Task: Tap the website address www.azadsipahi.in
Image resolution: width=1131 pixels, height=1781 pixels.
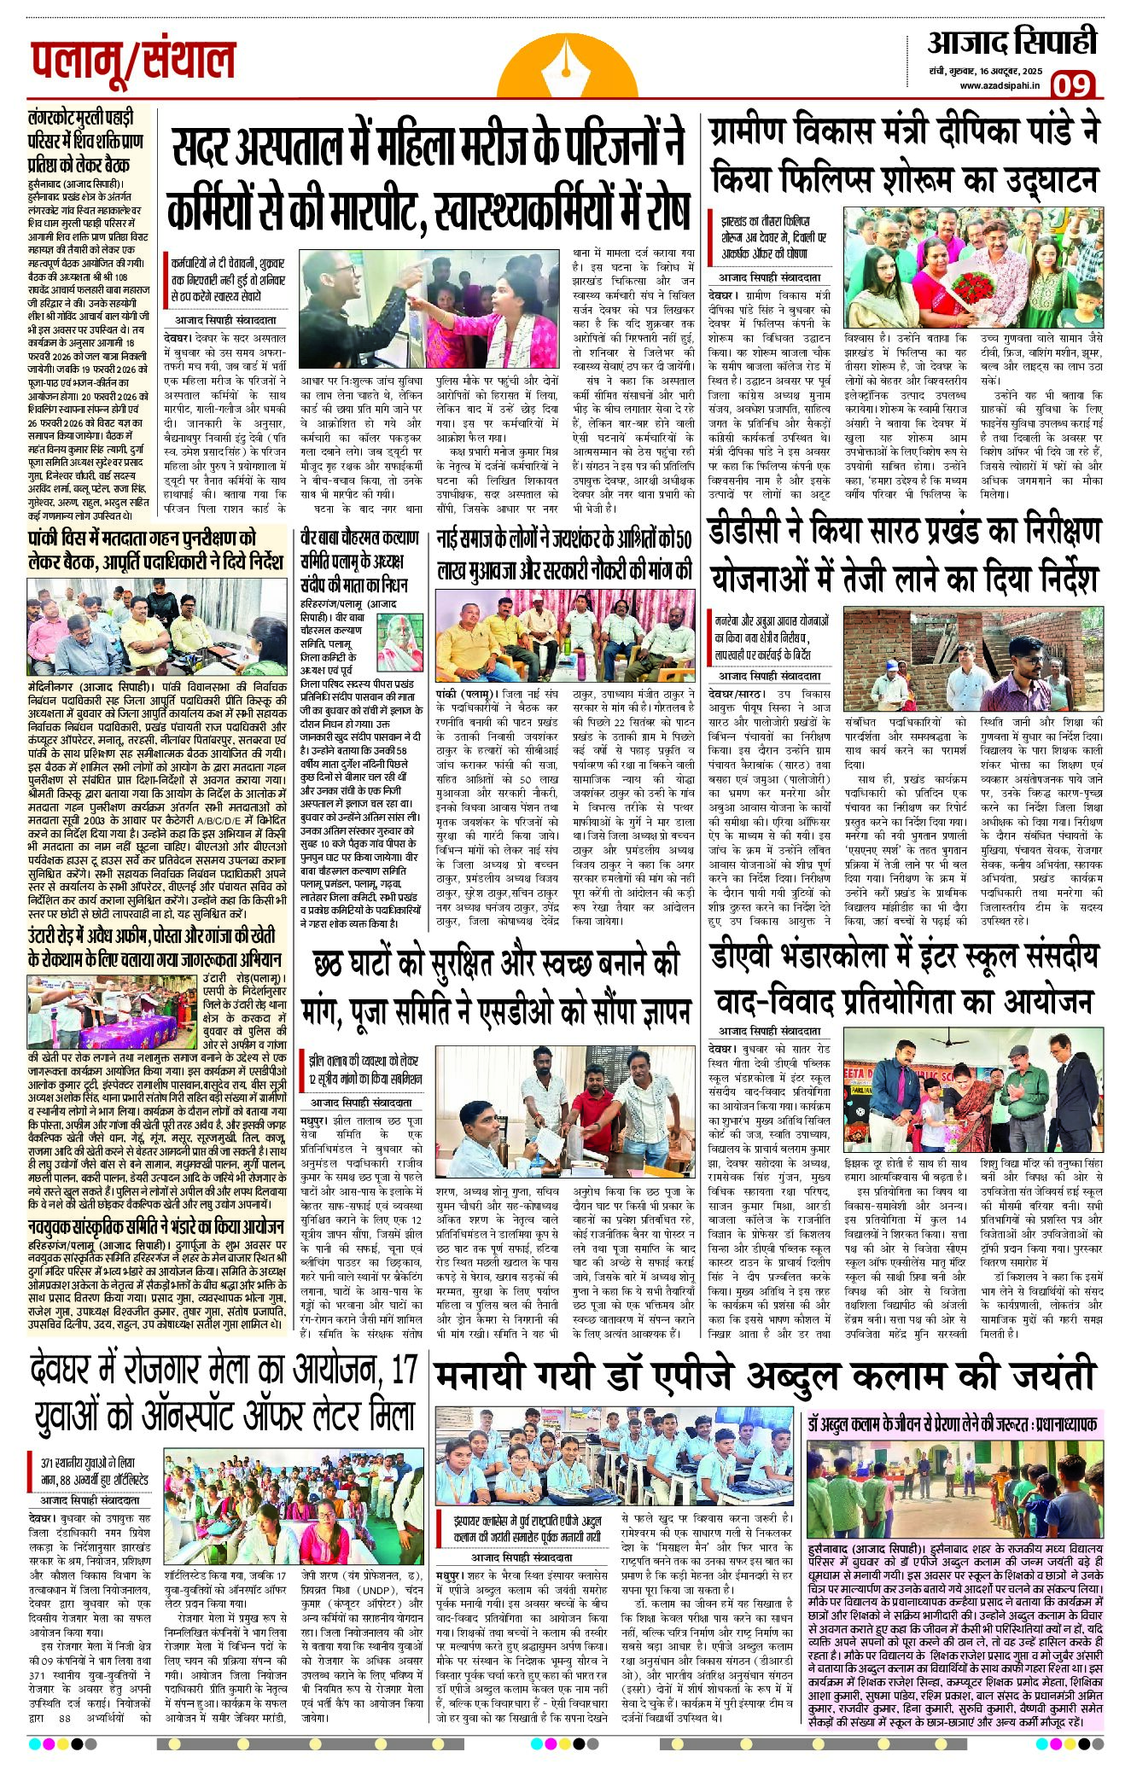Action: (x=999, y=85)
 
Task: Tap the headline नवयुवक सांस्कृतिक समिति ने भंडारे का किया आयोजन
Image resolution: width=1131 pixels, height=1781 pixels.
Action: (x=155, y=1227)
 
